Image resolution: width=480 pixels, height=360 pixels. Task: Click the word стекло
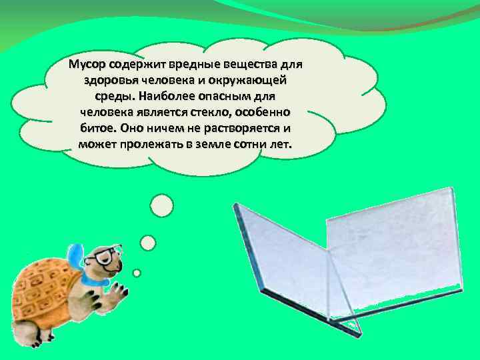[203, 112]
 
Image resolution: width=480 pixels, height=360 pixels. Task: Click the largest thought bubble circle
[161, 207]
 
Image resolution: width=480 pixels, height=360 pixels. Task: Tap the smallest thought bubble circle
[137, 273]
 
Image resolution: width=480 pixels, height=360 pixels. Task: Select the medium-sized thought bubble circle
[148, 242]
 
